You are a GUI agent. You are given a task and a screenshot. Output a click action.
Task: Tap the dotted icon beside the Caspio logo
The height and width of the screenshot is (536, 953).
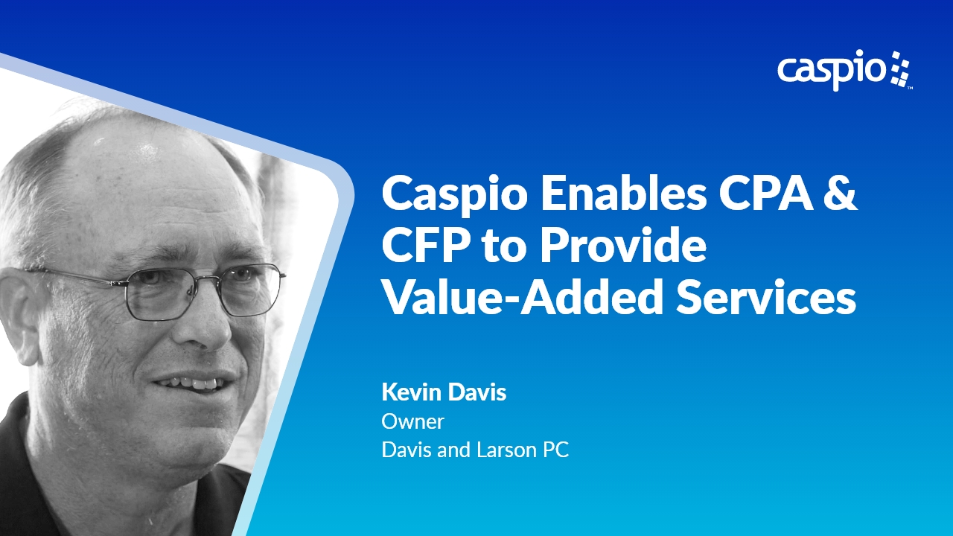click(901, 69)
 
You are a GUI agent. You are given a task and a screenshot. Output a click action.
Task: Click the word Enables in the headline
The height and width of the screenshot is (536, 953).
click(624, 194)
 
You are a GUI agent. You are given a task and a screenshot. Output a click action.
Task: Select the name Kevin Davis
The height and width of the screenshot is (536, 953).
click(444, 392)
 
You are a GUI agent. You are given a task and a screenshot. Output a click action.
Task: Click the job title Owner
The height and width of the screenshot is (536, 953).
click(412, 421)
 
